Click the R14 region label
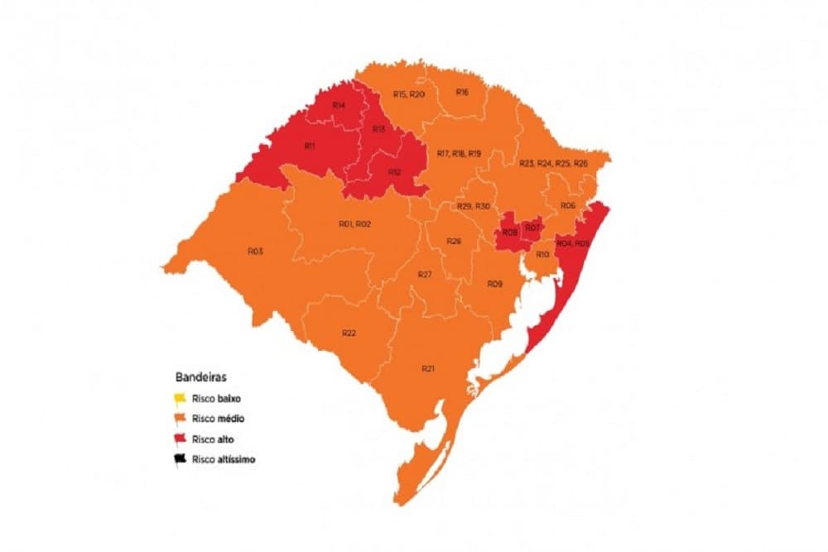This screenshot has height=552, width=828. point(339,105)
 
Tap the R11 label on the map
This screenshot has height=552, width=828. point(309,146)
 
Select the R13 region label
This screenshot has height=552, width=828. point(378,129)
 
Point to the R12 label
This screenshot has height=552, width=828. point(394,172)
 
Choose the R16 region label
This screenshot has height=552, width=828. point(462,92)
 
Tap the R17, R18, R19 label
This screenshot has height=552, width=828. point(459,154)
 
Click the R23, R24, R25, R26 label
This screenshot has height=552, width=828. point(553,164)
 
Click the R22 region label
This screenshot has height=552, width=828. point(349,333)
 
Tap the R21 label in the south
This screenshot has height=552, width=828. point(427,368)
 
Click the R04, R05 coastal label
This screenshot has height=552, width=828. point(573,243)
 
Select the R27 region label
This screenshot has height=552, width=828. point(425,274)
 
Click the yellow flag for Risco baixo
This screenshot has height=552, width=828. point(180,398)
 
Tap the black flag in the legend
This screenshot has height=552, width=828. point(180,459)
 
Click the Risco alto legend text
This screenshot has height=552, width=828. point(213,439)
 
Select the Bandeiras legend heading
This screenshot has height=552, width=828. point(196,376)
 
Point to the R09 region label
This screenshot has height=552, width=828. point(494,284)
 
